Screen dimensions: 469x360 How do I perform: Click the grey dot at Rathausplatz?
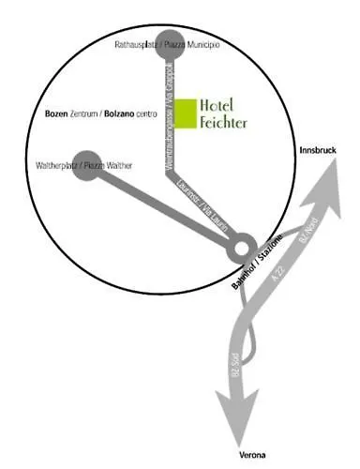pyautogui.click(x=170, y=41)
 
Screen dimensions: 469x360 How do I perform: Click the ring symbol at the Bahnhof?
pyautogui.click(x=242, y=250)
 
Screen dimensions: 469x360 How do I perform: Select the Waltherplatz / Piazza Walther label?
pyautogui.click(x=83, y=166)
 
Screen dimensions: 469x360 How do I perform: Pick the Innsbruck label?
pyautogui.click(x=316, y=150)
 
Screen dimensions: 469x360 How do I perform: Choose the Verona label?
pyautogui.click(x=253, y=455)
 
